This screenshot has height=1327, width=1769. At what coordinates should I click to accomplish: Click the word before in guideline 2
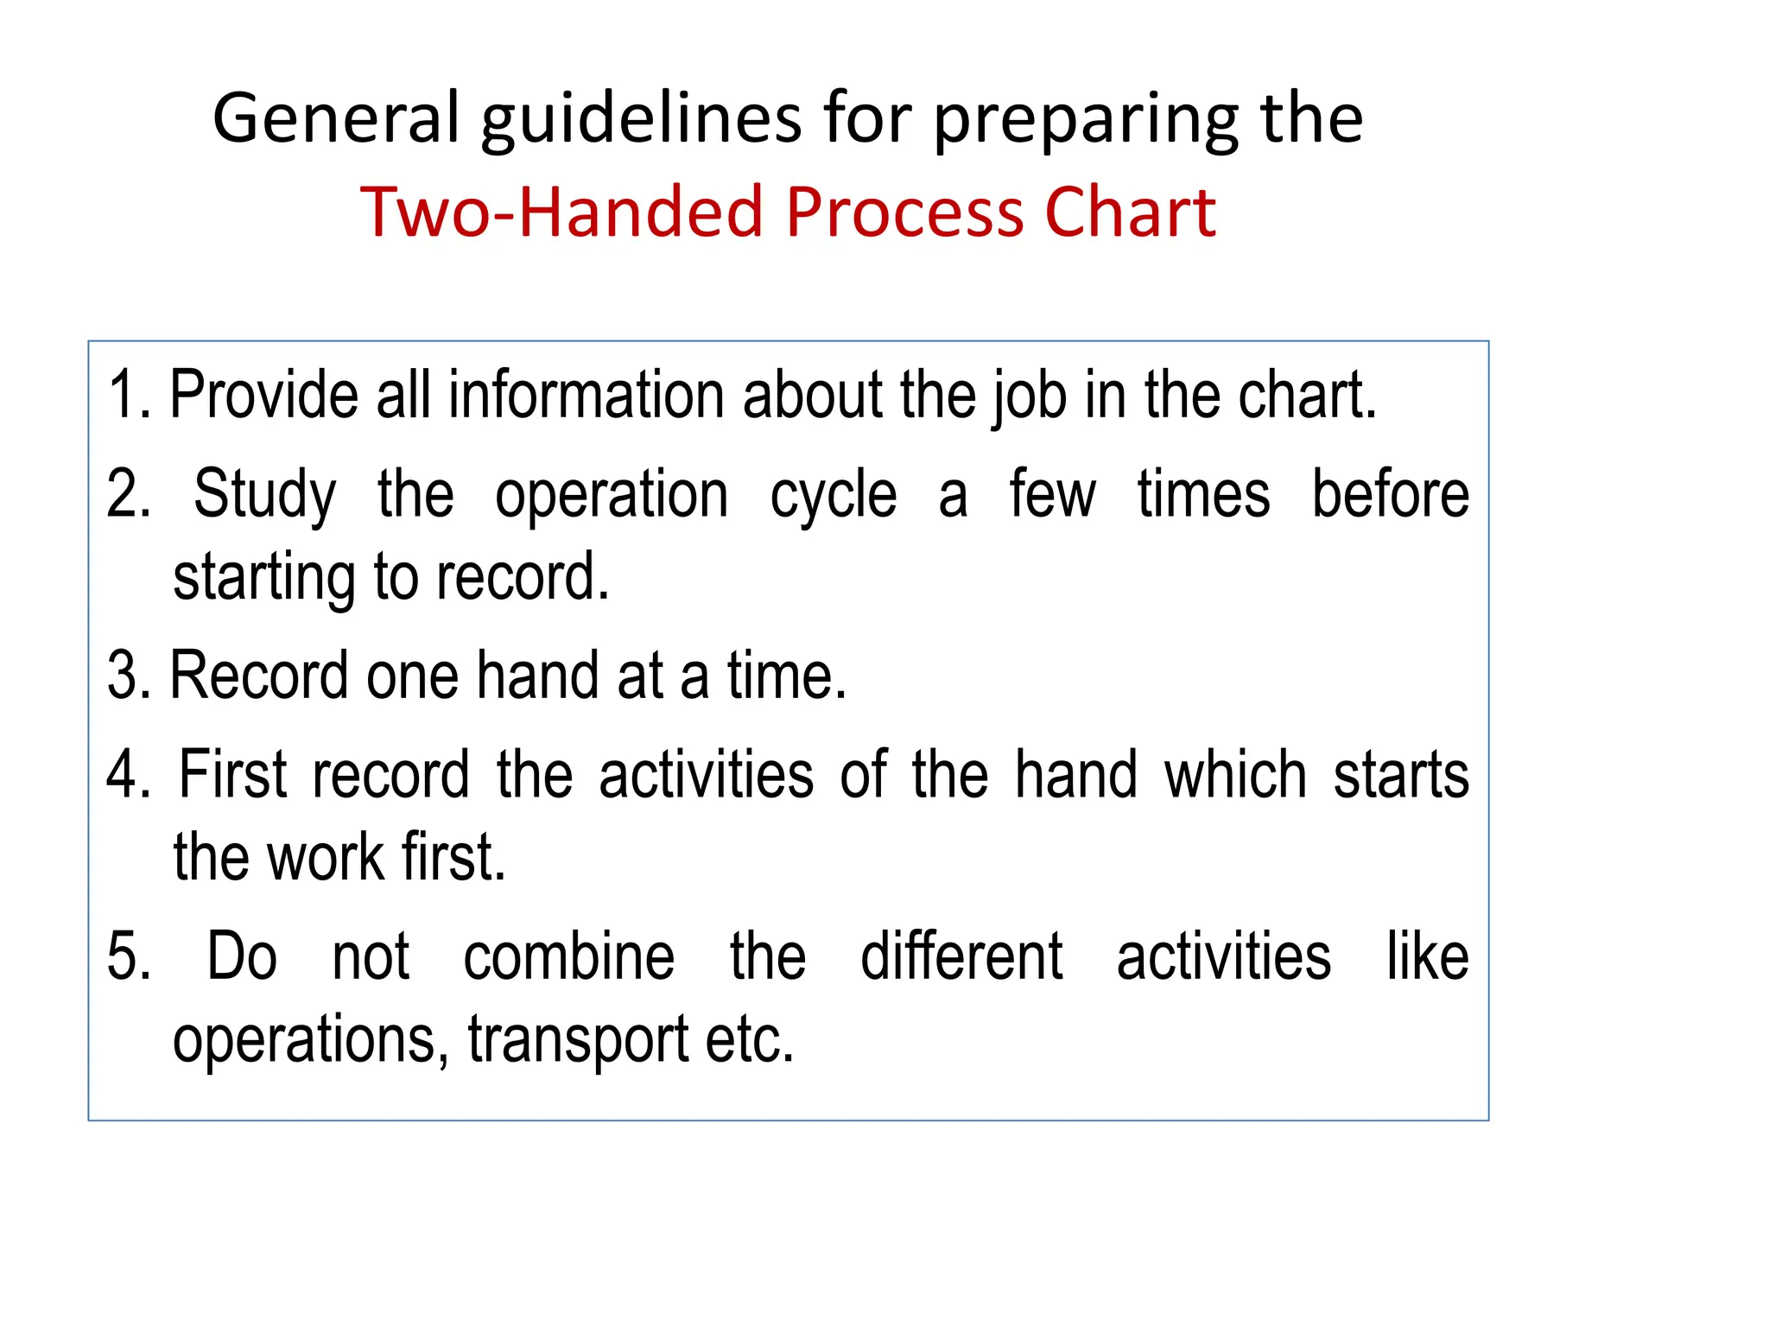point(1390,494)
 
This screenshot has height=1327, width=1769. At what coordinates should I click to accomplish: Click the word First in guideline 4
point(232,775)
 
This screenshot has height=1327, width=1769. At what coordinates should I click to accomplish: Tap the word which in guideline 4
point(1235,775)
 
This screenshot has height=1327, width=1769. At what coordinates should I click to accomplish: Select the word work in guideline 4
point(325,858)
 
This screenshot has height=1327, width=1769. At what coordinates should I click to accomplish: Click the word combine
point(568,957)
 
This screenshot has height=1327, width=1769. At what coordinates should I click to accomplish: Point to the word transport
point(578,1040)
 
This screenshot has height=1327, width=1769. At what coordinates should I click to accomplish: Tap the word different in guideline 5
point(961,957)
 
